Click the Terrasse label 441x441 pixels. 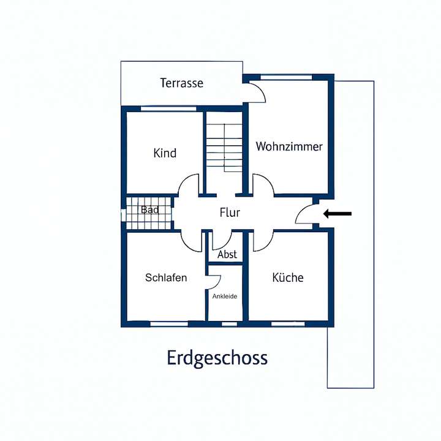tap(181, 83)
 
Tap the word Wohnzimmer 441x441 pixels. tap(289, 147)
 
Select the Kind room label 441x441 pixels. tap(165, 153)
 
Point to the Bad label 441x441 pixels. tap(149, 210)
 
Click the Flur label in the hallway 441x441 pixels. tap(230, 213)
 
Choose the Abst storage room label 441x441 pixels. tap(227, 255)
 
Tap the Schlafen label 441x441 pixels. tap(166, 277)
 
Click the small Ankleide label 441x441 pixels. tap(225, 296)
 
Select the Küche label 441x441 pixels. tap(287, 277)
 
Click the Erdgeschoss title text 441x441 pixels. tap(217, 358)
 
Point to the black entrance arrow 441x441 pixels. tap(337, 214)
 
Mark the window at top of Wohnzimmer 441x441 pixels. tap(287, 77)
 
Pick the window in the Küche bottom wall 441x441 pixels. tap(287, 323)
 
